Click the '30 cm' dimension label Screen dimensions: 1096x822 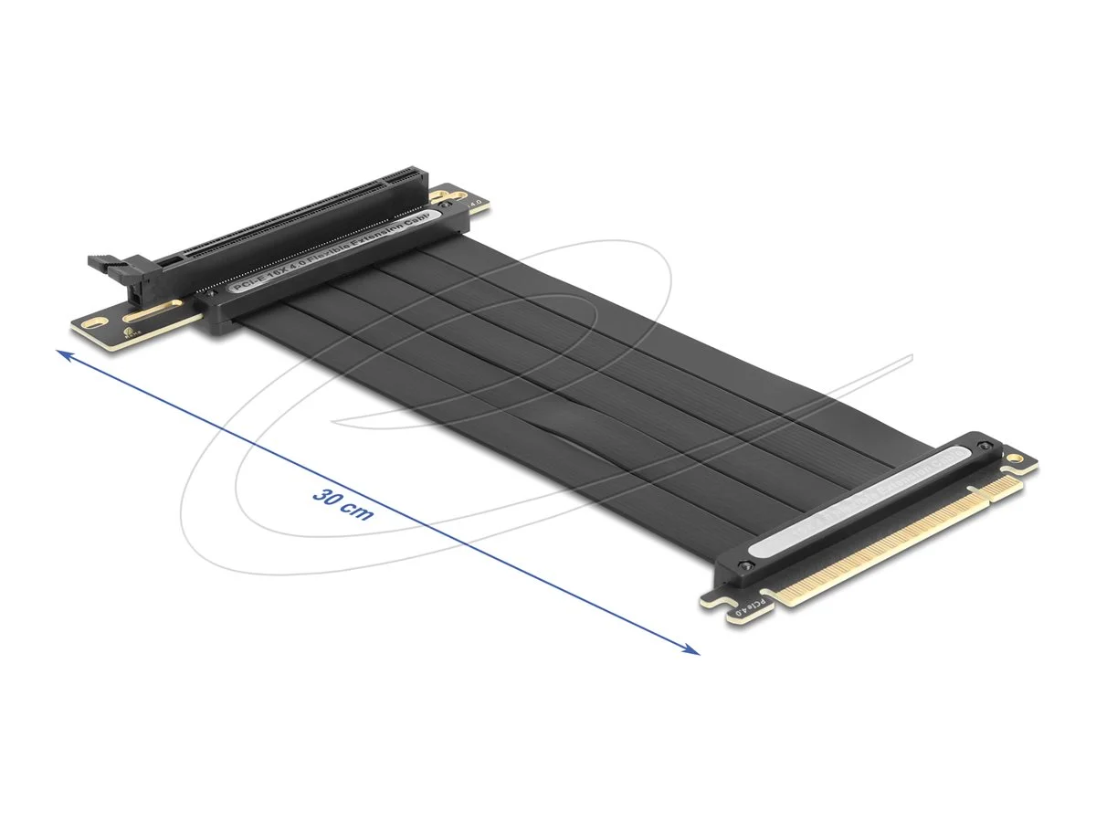pos(342,504)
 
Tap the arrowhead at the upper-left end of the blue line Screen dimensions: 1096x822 pos(62,353)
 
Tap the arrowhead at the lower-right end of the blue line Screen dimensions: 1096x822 pos(693,650)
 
